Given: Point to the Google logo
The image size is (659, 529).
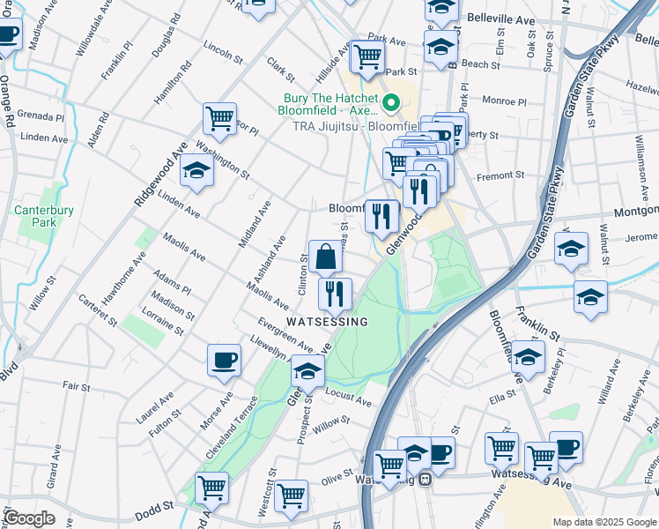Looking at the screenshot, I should (x=29, y=518).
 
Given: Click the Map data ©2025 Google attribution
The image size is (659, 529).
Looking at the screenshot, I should (x=604, y=522).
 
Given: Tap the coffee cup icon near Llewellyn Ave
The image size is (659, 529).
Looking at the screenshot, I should (x=224, y=360).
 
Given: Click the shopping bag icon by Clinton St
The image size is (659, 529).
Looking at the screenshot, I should (x=325, y=257).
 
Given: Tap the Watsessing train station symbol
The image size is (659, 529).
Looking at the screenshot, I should (x=426, y=480).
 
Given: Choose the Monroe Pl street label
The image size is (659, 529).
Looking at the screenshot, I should (x=504, y=101).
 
